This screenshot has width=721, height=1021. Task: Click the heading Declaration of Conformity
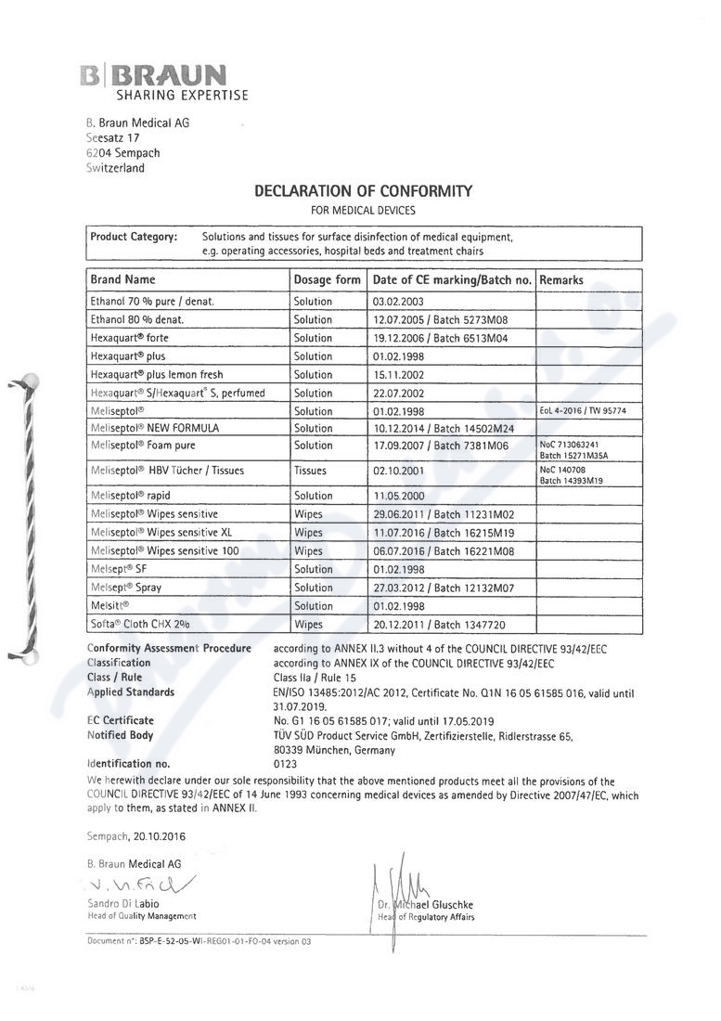point(363,191)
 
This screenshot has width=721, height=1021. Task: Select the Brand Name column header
point(122,279)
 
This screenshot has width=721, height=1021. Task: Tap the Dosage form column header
point(327,279)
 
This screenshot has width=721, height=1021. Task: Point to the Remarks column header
point(561,279)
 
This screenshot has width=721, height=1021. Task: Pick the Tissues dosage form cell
point(310,471)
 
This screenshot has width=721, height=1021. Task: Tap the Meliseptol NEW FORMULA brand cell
point(155,428)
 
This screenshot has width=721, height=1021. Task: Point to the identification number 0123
point(285,764)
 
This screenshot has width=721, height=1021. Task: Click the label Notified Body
point(121,735)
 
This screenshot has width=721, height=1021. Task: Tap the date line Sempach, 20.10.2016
point(135,836)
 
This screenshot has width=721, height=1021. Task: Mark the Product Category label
point(133,237)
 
